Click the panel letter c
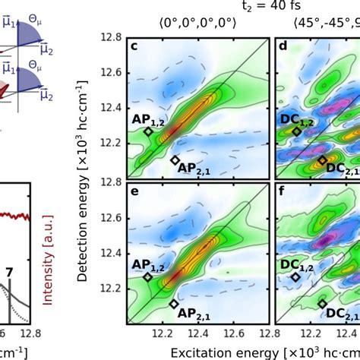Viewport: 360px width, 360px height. pyautogui.click(x=134, y=51)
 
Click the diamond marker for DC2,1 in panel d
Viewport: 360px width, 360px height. pyautogui.click(x=322, y=160)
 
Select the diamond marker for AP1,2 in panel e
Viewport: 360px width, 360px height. pyautogui.click(x=148, y=278)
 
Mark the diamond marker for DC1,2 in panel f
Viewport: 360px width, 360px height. pyautogui.click(x=296, y=277)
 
